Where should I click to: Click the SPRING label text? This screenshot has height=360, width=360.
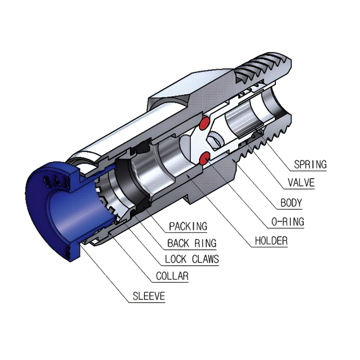point(310,164)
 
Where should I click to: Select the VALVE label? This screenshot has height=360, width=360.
point(301,183)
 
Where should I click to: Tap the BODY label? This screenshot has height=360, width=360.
point(291,203)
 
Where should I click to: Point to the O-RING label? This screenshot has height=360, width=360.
point(286,222)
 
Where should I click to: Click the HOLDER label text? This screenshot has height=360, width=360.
point(271,241)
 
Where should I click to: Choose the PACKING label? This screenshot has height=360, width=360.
point(188,226)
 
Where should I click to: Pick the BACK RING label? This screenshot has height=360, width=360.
point(192,243)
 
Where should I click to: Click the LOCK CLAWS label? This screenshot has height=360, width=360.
point(192,259)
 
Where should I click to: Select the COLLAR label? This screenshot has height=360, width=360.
point(172,276)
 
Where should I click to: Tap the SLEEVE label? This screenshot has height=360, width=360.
point(149,296)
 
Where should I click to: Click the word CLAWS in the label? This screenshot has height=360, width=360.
point(205,259)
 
